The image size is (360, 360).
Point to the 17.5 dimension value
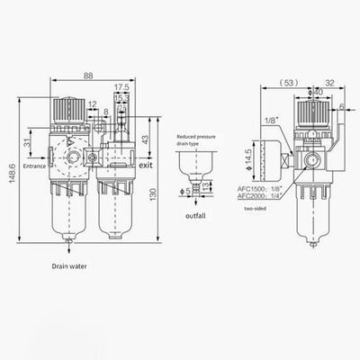121,88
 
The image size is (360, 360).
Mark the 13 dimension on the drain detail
207,185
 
